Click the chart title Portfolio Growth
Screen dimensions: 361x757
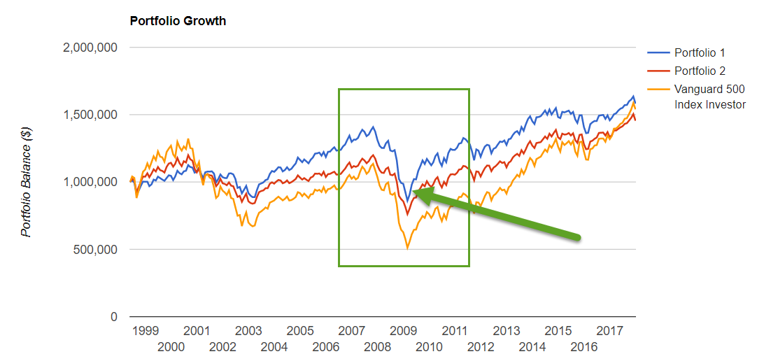point(178,21)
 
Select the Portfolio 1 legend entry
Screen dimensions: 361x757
point(699,53)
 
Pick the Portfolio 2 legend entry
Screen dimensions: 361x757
point(699,71)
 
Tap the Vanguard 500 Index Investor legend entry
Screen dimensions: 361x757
point(709,97)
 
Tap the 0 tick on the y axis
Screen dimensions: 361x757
point(113,317)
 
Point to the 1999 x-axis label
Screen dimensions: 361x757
point(145,330)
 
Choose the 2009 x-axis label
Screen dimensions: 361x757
point(404,330)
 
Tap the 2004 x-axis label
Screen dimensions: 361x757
point(274,347)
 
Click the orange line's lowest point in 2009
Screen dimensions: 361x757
point(407,248)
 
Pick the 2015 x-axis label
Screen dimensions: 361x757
point(558,330)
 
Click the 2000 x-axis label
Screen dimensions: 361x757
point(171,347)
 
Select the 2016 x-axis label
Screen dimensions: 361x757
point(584,347)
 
